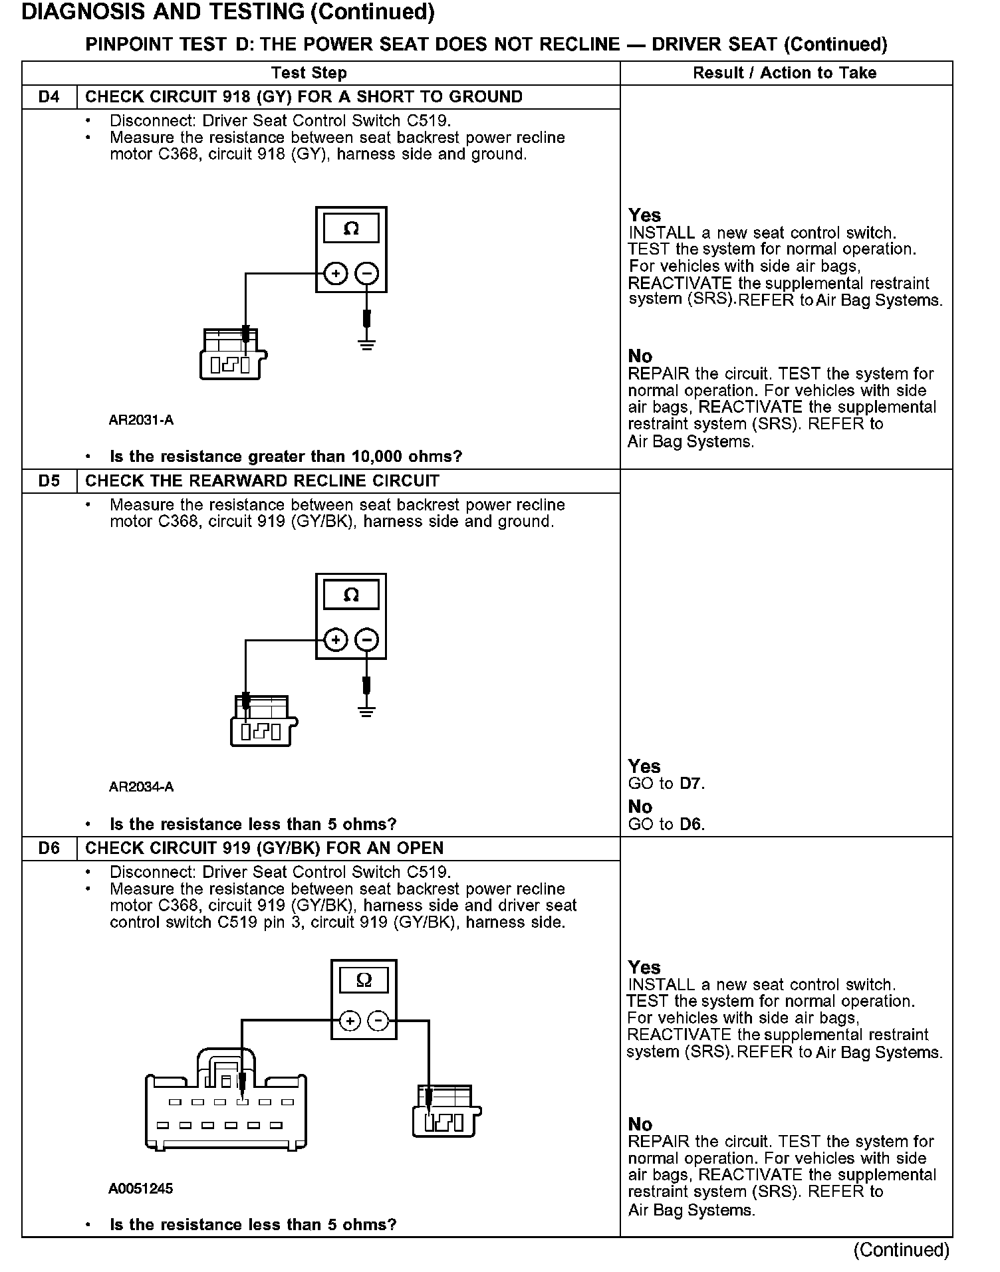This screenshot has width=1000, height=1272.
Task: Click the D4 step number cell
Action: (49, 97)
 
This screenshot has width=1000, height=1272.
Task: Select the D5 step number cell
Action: (49, 481)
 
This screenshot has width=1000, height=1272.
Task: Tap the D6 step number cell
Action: (49, 849)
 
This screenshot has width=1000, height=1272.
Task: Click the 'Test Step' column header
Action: (309, 73)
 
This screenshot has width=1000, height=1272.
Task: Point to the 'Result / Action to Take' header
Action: (785, 73)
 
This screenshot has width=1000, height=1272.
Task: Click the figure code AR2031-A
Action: (141, 420)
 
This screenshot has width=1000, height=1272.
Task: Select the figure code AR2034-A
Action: (141, 787)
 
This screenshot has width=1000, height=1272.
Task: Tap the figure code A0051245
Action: (140, 1188)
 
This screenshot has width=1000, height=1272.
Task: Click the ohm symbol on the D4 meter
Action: (351, 229)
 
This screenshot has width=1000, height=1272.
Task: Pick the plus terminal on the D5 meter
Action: (336, 640)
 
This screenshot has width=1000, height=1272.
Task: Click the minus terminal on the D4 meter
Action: (367, 273)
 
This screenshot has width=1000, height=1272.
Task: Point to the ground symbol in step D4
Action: (366, 344)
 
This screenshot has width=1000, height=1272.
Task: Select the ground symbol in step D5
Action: (366, 711)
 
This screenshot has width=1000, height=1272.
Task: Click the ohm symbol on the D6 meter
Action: (364, 980)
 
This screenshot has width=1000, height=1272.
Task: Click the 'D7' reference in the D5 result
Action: (691, 784)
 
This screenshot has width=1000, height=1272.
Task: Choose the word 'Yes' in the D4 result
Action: (644, 215)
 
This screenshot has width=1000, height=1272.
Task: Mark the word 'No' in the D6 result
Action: (640, 1124)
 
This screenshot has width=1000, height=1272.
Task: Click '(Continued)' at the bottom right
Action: (901, 1250)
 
